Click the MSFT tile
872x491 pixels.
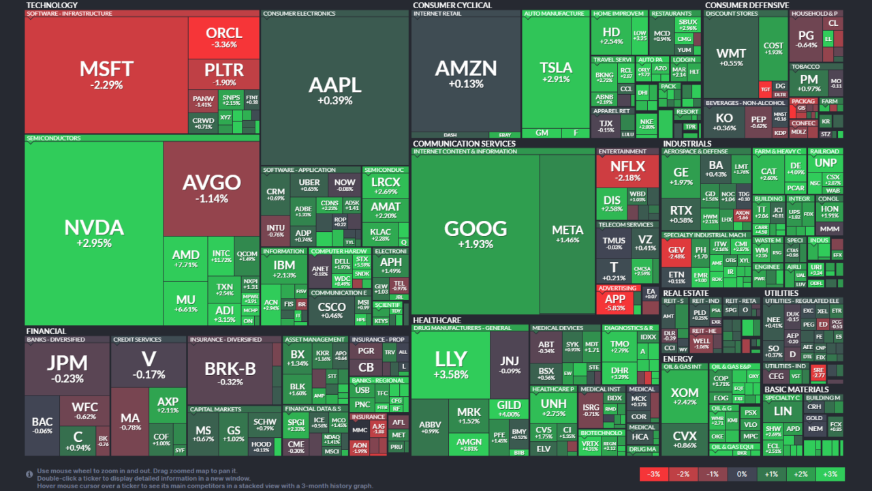106,75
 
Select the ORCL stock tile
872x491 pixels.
224,38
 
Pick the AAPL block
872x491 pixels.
334,90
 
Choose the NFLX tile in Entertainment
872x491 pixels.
627,170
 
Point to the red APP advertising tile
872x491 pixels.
615,303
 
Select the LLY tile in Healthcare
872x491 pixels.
451,364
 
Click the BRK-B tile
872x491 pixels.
230,372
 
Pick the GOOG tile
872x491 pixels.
476,233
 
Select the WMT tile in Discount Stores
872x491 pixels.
731,57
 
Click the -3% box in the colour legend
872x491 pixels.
654,474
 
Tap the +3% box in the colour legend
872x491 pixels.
830,474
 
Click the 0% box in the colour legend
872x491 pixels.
742,474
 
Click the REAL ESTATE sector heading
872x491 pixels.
685,293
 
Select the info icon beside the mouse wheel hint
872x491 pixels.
29,474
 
